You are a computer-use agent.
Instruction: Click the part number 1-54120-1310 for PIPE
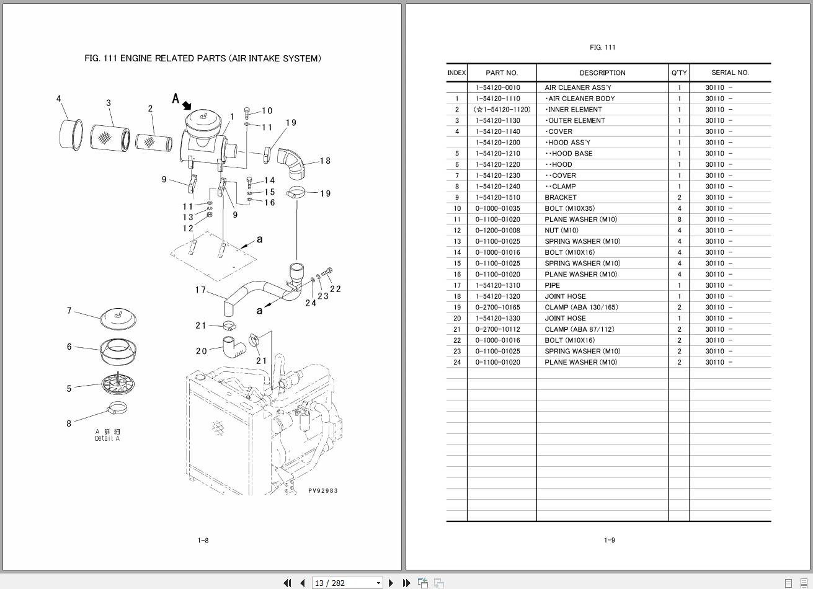coord(498,285)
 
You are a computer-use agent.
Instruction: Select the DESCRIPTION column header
coord(602,73)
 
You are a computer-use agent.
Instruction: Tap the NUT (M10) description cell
coord(561,231)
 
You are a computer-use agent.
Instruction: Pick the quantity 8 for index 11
coord(679,219)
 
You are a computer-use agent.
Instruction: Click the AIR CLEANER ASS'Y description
coord(577,87)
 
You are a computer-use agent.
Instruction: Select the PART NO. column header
coord(501,73)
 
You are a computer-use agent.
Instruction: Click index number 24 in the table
coord(457,362)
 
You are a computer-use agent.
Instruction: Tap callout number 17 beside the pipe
coord(200,290)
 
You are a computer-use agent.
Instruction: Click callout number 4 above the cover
coord(59,99)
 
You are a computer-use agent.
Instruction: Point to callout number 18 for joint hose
coord(325,161)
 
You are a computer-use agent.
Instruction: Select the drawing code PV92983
coord(323,490)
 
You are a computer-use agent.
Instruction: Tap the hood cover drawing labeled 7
coord(118,318)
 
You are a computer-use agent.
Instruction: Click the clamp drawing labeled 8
coord(118,409)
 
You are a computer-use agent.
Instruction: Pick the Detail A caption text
coord(107,438)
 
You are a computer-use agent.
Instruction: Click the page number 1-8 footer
coord(203,540)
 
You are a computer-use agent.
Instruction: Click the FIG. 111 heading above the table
coord(602,47)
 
